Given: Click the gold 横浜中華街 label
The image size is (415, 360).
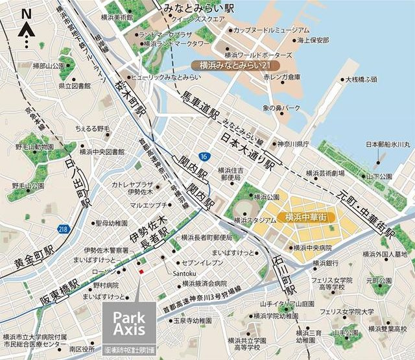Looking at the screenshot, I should coord(305,217).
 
